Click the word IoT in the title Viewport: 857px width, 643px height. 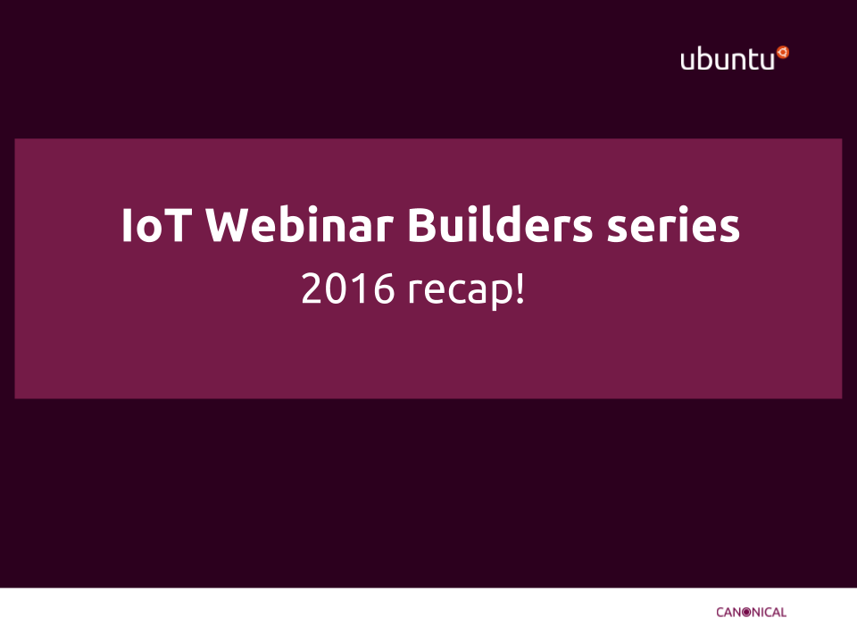[156, 225]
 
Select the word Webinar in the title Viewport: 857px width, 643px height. [300, 224]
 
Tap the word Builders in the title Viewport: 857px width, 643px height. [500, 224]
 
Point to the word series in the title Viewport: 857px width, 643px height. [673, 225]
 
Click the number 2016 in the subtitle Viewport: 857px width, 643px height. [347, 288]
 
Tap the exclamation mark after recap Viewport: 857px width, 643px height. [520, 288]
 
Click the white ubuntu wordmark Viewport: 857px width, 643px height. [728, 59]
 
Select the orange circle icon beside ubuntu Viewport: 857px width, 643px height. [783, 52]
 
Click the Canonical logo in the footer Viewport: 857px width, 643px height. [751, 613]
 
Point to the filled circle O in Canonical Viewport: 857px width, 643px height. [746, 613]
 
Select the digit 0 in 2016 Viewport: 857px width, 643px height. [337, 288]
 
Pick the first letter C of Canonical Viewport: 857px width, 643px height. [720, 613]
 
